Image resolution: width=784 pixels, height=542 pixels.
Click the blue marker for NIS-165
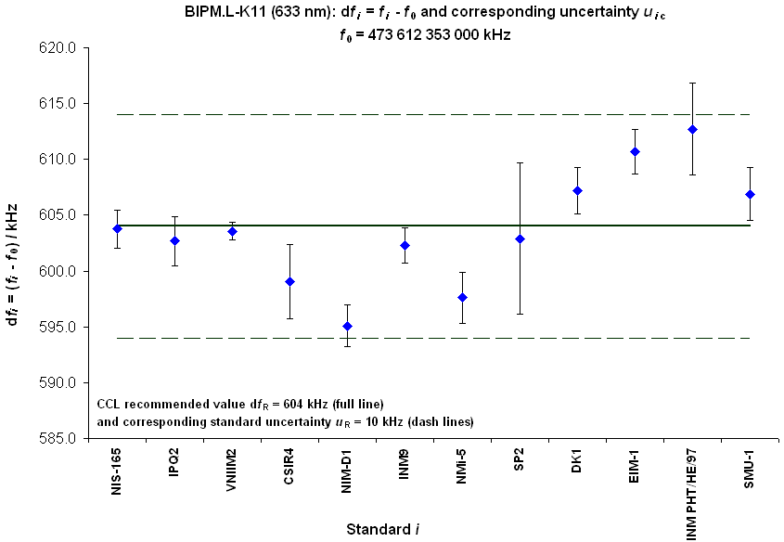coord(117,228)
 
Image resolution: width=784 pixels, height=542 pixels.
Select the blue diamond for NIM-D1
coord(347,326)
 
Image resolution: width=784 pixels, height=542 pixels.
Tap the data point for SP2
coord(520,239)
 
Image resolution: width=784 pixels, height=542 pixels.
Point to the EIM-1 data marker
coord(635,151)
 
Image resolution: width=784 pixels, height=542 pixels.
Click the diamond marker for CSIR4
coord(289,281)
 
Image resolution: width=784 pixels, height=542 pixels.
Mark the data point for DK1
coord(577,190)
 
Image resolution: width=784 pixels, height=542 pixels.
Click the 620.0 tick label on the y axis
coord(72,47)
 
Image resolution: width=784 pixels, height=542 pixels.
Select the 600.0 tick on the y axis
coord(72,271)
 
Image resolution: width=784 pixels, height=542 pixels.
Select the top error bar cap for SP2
coord(520,162)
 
